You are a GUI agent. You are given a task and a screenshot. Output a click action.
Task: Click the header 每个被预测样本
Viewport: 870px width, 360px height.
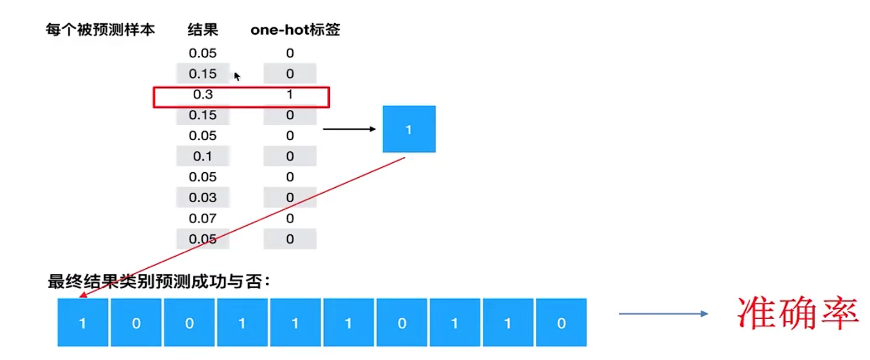(100, 29)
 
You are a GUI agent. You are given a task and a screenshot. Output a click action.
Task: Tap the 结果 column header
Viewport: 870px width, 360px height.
(203, 29)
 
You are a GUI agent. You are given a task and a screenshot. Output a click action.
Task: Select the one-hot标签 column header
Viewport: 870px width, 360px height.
(295, 29)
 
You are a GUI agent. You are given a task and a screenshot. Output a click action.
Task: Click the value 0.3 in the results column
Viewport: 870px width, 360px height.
(203, 94)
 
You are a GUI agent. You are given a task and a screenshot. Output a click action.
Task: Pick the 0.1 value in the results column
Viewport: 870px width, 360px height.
(203, 156)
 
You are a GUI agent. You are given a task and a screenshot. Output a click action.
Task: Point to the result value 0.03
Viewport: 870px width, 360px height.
(203, 198)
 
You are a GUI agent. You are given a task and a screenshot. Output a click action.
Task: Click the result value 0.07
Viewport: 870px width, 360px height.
(203, 219)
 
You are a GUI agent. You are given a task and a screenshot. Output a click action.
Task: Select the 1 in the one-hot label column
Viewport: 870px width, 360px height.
(289, 94)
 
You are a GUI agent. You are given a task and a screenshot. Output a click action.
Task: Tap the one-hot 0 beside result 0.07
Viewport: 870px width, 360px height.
(289, 219)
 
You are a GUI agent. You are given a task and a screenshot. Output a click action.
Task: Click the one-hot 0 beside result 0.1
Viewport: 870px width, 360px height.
(289, 156)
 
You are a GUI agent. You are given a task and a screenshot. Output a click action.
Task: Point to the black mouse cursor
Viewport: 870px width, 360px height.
(236, 76)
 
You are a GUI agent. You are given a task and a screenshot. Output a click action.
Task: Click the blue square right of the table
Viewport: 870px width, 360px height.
(409, 129)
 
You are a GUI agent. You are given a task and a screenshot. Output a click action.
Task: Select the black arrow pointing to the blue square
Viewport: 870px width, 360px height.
(349, 129)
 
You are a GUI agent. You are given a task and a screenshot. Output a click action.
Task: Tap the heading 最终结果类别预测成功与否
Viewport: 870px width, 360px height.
(159, 282)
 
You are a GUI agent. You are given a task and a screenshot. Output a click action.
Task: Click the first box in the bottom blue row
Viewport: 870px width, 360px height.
(82, 322)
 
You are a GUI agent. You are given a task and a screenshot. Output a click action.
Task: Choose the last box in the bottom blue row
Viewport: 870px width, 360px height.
(561, 322)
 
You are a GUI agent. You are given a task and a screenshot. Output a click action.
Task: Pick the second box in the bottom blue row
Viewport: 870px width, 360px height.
(136, 322)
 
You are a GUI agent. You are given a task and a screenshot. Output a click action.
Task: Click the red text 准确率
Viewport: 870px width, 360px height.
(798, 314)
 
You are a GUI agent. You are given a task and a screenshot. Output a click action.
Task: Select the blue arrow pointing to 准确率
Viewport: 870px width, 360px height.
(663, 314)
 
